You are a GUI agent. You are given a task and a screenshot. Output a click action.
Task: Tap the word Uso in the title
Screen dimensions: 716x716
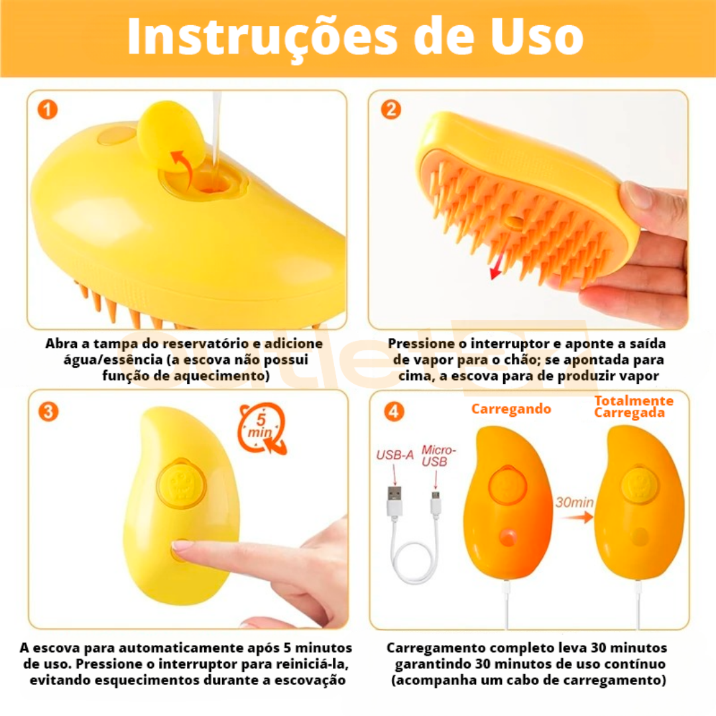click(x=536, y=36)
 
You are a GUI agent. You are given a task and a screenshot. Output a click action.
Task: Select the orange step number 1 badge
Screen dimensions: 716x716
click(x=48, y=109)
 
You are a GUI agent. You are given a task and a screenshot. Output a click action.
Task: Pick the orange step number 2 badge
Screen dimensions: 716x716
click(x=391, y=109)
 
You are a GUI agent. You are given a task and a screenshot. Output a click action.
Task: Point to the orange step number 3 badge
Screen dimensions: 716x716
click(x=48, y=412)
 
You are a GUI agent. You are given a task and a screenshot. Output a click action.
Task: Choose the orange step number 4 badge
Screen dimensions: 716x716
click(x=394, y=412)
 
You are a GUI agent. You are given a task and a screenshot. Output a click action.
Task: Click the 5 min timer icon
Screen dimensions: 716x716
click(x=263, y=428)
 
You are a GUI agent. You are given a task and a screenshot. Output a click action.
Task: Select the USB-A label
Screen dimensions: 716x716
click(x=395, y=455)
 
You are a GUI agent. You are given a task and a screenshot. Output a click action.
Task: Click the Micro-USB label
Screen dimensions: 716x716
click(x=438, y=455)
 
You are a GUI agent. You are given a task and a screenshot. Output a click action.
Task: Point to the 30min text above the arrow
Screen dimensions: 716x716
click(x=574, y=503)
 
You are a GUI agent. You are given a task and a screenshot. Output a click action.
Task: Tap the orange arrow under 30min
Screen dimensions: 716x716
click(x=577, y=517)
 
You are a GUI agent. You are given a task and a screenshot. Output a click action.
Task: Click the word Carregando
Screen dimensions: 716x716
click(x=511, y=409)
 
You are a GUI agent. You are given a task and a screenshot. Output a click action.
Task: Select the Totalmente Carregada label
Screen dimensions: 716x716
click(x=633, y=406)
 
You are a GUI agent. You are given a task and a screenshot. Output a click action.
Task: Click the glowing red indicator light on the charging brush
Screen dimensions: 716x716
click(x=508, y=537)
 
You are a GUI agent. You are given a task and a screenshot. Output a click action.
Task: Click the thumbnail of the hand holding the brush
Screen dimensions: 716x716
click(x=635, y=191)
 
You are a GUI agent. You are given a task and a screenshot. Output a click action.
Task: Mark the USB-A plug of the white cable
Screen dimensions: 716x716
click(x=394, y=501)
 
